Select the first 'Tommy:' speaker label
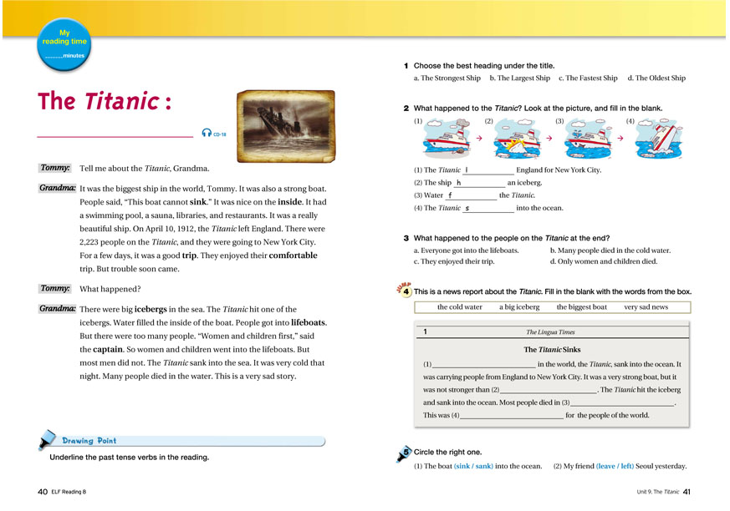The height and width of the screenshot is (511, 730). click(x=55, y=168)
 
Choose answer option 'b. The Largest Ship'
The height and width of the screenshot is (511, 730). click(x=519, y=78)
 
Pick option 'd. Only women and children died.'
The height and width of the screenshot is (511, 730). click(x=604, y=262)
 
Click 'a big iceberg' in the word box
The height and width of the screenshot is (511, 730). click(x=519, y=307)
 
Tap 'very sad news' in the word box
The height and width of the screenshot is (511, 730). click(x=646, y=307)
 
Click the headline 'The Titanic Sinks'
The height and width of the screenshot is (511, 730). click(x=554, y=350)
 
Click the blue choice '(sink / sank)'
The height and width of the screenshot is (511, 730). click(x=473, y=466)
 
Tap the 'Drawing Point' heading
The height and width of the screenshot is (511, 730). click(x=89, y=441)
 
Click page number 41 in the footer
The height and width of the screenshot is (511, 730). click(x=687, y=491)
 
